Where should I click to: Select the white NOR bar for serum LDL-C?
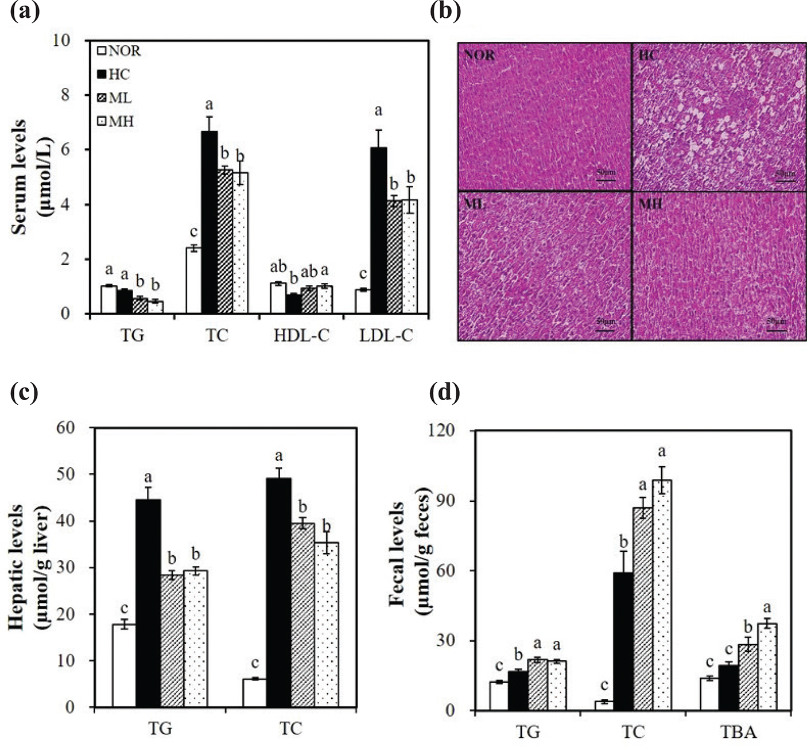click(362, 301)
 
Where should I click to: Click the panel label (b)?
click(445, 11)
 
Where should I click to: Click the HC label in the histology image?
click(647, 56)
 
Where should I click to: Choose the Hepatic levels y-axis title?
click(28, 567)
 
